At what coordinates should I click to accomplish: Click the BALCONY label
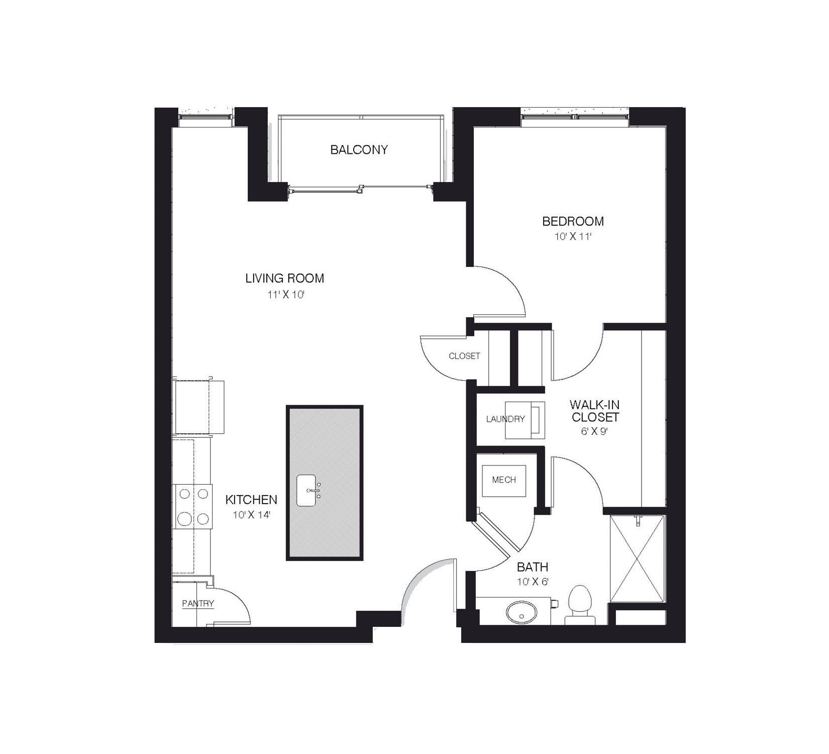[359, 150]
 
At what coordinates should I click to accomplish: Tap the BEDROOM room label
[573, 221]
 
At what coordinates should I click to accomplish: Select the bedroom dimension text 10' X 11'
[572, 237]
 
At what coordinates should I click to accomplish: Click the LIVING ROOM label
[284, 278]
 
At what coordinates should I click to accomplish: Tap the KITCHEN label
[251, 500]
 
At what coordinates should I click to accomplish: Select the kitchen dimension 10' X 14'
[251, 515]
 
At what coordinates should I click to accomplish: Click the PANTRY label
[198, 604]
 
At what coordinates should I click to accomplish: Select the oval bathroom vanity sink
[521, 613]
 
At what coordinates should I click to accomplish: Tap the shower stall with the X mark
[637, 558]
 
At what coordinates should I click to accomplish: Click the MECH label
[504, 480]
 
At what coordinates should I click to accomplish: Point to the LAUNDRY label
[505, 419]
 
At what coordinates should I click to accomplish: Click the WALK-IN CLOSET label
[595, 411]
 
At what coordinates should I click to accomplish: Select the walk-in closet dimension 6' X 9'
[595, 431]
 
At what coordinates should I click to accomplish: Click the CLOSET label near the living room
[464, 356]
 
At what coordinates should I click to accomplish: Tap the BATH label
[533, 568]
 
